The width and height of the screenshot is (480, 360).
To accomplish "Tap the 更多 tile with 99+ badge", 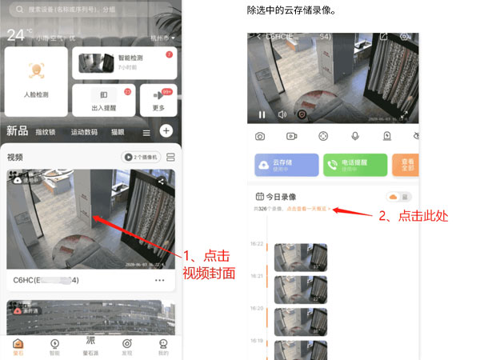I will click(158, 99).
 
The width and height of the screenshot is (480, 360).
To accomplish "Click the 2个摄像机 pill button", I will click(140, 158).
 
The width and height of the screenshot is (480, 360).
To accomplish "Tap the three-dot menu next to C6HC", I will click(159, 280).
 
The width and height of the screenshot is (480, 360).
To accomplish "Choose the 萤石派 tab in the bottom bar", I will click(91, 346).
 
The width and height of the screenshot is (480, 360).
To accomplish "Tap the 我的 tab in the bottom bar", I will click(162, 346).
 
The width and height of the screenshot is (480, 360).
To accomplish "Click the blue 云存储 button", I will click(286, 165).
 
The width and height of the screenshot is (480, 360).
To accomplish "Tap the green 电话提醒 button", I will click(355, 165).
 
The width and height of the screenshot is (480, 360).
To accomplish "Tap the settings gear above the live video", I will click(405, 37).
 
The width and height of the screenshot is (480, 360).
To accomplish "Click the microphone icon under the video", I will click(354, 137).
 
